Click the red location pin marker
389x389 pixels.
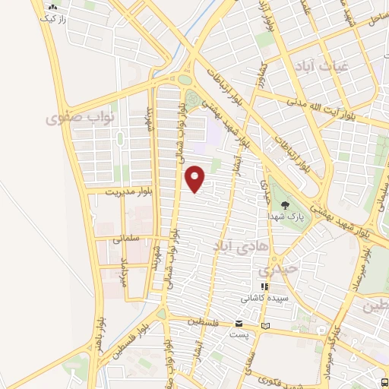pos(196,179)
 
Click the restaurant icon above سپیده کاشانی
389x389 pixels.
pos(265,287)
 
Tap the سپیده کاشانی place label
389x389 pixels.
pos(264,299)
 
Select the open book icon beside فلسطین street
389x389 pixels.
pos(264,325)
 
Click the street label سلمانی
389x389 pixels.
pos(127,238)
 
